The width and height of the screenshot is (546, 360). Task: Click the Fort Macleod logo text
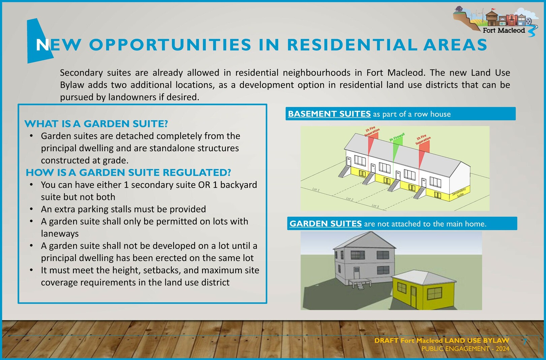(x=504, y=30)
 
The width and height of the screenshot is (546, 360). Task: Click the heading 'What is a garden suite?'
(x=96, y=124)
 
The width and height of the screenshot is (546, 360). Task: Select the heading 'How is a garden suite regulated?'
(x=128, y=173)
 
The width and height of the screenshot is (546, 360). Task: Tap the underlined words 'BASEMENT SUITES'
(x=329, y=114)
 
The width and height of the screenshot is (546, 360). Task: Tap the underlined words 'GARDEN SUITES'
(x=325, y=223)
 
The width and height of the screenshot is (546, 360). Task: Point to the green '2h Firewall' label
(x=397, y=137)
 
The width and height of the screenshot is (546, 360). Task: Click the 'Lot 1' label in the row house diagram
(x=316, y=189)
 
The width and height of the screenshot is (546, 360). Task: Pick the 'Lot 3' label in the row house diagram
(x=375, y=206)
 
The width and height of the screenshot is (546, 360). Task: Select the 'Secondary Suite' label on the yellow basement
(x=459, y=192)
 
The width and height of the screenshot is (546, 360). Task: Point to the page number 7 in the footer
(x=525, y=341)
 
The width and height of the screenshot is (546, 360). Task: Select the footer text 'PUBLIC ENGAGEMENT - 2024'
(x=465, y=349)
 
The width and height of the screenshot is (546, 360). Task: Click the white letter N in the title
(x=42, y=45)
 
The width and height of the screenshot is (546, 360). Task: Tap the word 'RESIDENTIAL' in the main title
(x=352, y=45)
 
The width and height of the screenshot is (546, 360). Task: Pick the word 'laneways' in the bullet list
(x=60, y=234)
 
